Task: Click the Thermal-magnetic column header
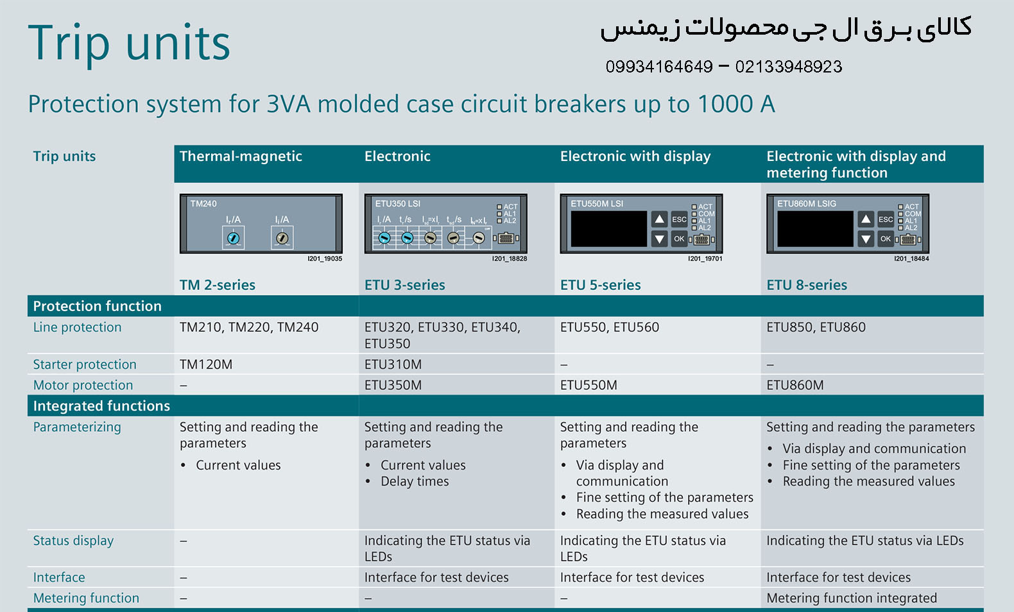click(x=241, y=157)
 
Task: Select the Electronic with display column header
click(x=635, y=157)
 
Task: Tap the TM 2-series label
click(x=218, y=285)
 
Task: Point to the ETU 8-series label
click(x=807, y=285)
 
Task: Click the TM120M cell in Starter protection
click(x=206, y=364)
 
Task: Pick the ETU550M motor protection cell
click(x=589, y=385)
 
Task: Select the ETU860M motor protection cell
click(x=795, y=385)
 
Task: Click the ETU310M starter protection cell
click(x=393, y=364)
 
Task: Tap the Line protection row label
click(x=77, y=327)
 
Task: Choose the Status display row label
click(x=73, y=541)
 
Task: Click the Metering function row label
click(x=86, y=598)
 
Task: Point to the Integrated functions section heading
click(x=101, y=406)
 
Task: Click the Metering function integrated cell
click(x=852, y=598)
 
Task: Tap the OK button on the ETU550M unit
click(x=679, y=239)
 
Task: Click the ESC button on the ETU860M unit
click(x=886, y=219)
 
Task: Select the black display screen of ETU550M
click(x=608, y=229)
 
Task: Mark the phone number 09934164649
click(x=659, y=67)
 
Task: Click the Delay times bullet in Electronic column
click(x=415, y=481)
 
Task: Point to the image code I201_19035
click(x=325, y=259)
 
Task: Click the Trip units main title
click(x=129, y=44)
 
